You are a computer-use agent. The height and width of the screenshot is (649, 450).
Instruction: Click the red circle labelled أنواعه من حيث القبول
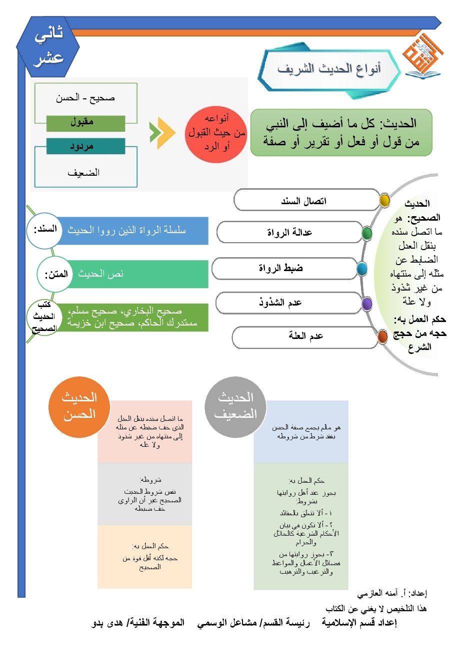(x=216, y=134)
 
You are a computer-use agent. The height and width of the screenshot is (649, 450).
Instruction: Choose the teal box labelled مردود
(x=85, y=146)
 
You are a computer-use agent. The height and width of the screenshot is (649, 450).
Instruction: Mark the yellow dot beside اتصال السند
(x=384, y=200)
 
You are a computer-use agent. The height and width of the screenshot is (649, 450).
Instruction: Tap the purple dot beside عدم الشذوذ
(x=366, y=303)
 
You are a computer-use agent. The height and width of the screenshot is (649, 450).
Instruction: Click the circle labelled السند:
(x=43, y=231)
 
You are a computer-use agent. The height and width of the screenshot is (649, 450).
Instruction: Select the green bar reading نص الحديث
(x=135, y=274)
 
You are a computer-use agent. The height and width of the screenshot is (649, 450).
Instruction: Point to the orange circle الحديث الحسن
(x=79, y=406)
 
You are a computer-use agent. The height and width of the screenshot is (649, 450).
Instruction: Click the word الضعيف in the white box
(x=84, y=172)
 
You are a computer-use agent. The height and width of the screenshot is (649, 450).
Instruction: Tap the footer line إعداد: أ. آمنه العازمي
(x=392, y=594)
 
